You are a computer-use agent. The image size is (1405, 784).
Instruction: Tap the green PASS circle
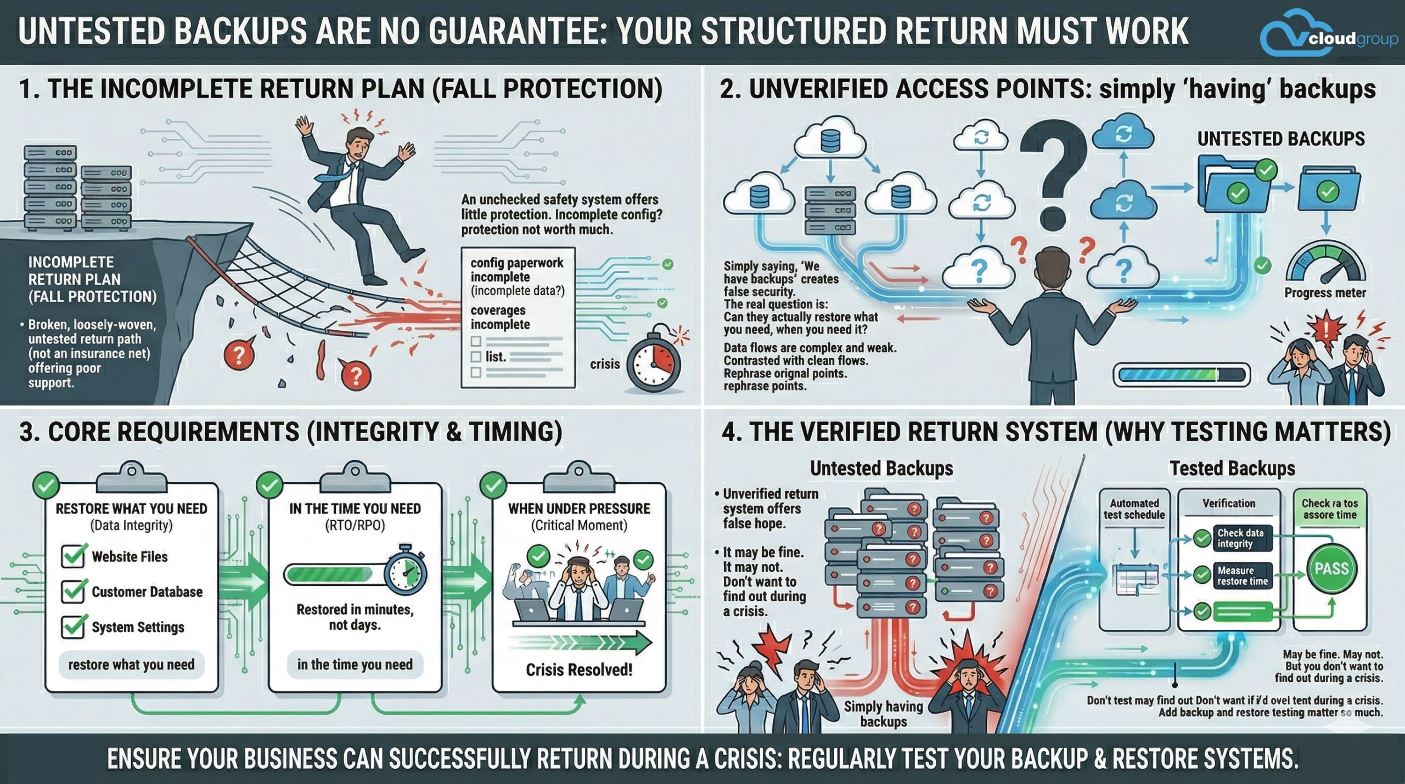coord(1331,569)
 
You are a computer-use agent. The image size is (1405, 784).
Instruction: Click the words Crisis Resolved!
coord(579,670)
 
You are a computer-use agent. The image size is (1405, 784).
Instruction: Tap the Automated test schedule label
coord(1134,509)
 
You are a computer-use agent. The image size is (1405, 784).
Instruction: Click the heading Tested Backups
coord(1232,468)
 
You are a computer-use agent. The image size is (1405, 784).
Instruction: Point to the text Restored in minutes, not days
coord(355,617)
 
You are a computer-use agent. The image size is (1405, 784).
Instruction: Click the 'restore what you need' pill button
coord(131,665)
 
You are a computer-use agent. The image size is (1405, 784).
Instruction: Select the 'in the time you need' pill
coord(355,665)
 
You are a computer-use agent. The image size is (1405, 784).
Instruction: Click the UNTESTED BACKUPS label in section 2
coord(1281,139)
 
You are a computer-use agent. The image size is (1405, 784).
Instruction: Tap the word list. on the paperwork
coord(496,357)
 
